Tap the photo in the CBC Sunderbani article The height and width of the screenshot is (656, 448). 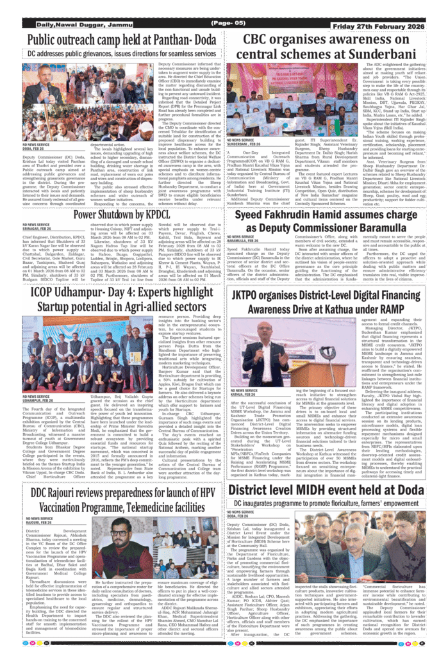coord(278,100)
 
